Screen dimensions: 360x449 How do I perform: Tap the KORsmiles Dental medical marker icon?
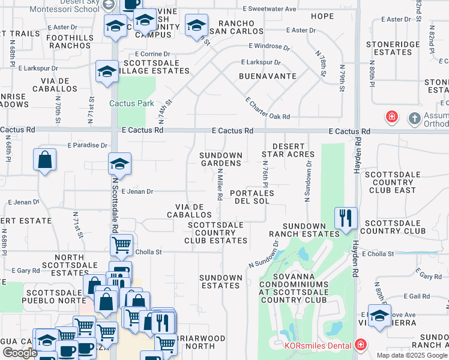click(x=360, y=344)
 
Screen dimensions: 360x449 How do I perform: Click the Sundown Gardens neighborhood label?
click(x=221, y=159)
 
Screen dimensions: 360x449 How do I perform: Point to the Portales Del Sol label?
click(x=252, y=197)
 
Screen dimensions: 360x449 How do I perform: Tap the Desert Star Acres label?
click(x=285, y=150)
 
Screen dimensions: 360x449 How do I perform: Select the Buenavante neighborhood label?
click(x=268, y=76)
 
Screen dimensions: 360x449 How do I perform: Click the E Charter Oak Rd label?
click(x=268, y=109)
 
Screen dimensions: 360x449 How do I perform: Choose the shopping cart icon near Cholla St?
click(x=122, y=244)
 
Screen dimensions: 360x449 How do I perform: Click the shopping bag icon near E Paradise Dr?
click(x=45, y=160)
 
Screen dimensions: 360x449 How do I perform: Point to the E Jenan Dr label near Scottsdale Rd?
click(x=137, y=192)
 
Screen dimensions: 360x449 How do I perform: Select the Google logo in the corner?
click(x=20, y=353)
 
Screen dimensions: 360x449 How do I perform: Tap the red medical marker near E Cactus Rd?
click(x=391, y=116)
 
